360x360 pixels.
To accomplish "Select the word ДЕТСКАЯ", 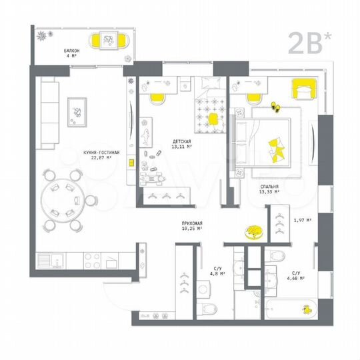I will (182, 142).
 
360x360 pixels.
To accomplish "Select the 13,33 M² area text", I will (269, 192).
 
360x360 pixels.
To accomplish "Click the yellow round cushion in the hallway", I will (253, 232).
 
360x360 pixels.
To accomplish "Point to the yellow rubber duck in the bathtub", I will (307, 311).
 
